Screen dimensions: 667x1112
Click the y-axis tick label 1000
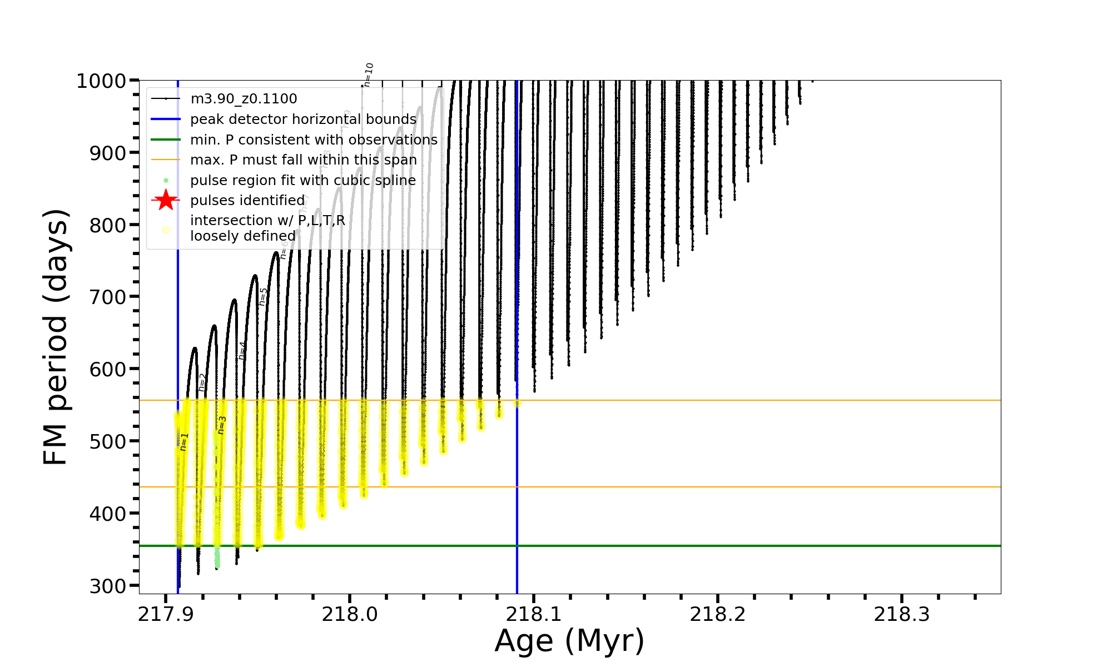pyautogui.click(x=101, y=81)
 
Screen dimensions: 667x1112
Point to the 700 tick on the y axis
pyautogui.click(x=108, y=297)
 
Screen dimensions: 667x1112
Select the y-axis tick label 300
pyautogui.click(x=108, y=586)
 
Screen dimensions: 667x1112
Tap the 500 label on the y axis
pyautogui.click(x=108, y=442)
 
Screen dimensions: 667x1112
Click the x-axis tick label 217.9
pyautogui.click(x=166, y=614)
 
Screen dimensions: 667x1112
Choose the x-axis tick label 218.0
pyautogui.click(x=350, y=614)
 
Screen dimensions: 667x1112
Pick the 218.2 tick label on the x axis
pyautogui.click(x=718, y=614)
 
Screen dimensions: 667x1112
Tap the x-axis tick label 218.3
pyautogui.click(x=902, y=614)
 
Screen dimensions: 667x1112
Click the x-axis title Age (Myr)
pyautogui.click(x=569, y=641)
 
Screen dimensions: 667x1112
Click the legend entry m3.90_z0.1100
pyautogui.click(x=244, y=99)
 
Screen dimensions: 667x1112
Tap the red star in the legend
pyautogui.click(x=166, y=200)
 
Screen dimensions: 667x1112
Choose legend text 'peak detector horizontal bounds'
pyautogui.click(x=303, y=120)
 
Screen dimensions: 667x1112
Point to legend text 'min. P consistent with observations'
pyautogui.click(x=314, y=140)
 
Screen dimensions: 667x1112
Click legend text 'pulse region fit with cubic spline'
pyautogui.click(x=303, y=180)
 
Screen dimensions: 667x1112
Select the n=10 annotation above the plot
pyautogui.click(x=368, y=74)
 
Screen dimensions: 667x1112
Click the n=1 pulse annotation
pyautogui.click(x=184, y=442)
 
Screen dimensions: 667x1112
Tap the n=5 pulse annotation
pyautogui.click(x=264, y=297)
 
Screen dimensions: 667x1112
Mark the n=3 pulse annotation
pyautogui.click(x=222, y=425)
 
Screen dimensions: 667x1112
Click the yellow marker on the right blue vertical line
pyautogui.click(x=517, y=404)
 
